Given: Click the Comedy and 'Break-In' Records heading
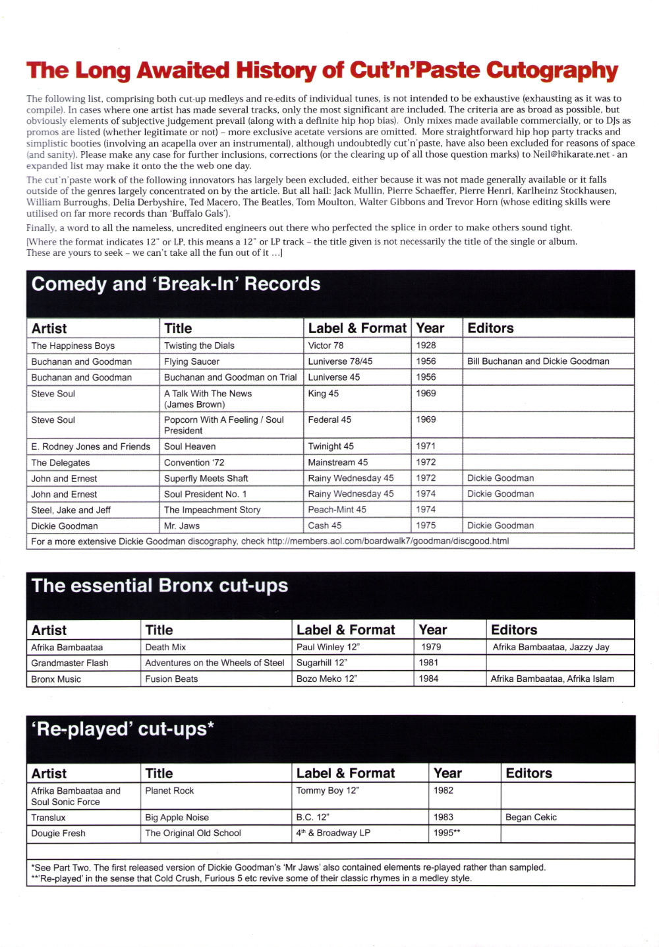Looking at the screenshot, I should [176, 284].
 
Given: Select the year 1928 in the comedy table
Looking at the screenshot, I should [426, 345].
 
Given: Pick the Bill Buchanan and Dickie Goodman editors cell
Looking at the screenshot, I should [538, 361].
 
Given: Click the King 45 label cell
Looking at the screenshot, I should [323, 394].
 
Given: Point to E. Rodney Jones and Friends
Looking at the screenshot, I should [90, 446].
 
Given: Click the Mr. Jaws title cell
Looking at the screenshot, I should [181, 526].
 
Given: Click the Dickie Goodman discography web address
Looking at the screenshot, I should [387, 541].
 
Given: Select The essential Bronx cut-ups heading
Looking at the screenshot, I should [159, 586].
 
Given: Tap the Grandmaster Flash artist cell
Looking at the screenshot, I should [69, 663].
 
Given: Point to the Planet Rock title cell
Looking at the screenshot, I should [169, 791].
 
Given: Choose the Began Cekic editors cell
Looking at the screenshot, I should [530, 817].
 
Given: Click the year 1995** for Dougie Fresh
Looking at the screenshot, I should [447, 833].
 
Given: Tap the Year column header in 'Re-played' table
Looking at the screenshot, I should [447, 774].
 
